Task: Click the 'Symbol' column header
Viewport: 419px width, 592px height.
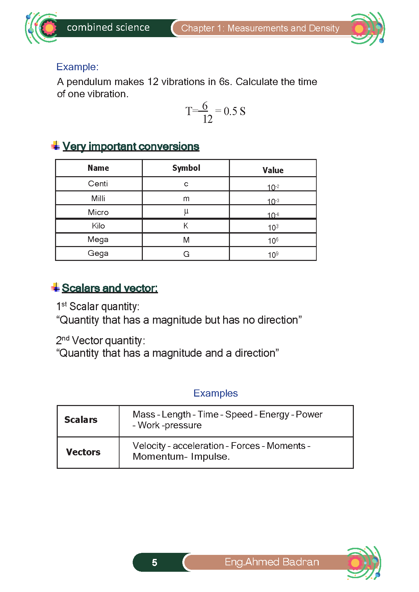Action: tap(186, 168)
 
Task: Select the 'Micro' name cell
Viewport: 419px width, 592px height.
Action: tap(98, 212)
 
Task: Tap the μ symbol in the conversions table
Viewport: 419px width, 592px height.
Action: tap(186, 212)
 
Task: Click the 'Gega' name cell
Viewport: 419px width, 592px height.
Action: tap(98, 253)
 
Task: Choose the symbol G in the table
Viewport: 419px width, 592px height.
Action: tap(186, 254)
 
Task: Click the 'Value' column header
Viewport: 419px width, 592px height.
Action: tap(273, 170)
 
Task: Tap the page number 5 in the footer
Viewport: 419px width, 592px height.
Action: tap(154, 563)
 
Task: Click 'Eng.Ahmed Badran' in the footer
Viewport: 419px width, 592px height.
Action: tap(272, 562)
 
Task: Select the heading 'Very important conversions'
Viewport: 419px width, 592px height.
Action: tap(131, 146)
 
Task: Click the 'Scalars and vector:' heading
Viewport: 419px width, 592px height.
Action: tap(110, 288)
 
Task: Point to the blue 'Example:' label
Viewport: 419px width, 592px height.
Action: tap(77, 67)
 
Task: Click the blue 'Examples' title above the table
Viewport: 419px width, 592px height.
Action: tap(215, 393)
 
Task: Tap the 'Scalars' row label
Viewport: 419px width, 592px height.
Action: tap(81, 420)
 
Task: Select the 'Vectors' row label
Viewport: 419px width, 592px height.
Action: tap(83, 452)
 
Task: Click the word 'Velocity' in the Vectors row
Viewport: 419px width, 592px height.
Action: tap(149, 446)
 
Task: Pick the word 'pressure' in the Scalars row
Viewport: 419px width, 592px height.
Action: tap(183, 425)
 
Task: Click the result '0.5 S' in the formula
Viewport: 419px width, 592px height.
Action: tap(234, 111)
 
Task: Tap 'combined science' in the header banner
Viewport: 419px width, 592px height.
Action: tap(108, 28)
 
